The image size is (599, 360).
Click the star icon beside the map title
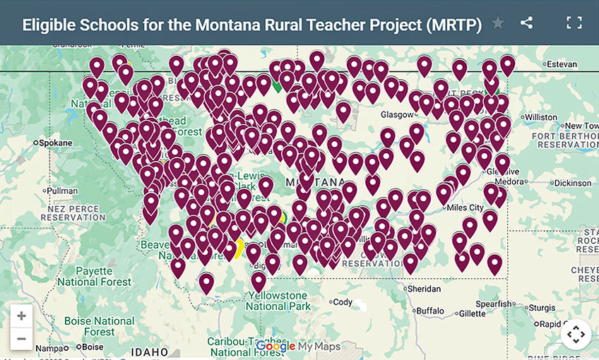[498, 23]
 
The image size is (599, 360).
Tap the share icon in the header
[526, 23]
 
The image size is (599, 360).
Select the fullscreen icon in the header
[574, 23]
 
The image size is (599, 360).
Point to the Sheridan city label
[424, 289]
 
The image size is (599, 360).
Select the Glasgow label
[396, 114]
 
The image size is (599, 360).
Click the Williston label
[541, 116]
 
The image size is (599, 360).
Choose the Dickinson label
[572, 183]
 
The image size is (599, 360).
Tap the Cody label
[343, 302]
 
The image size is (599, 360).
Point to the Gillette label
[473, 313]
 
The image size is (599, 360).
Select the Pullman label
[62, 191]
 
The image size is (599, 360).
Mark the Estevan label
[562, 64]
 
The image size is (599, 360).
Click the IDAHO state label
[149, 352]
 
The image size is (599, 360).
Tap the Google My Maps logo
[297, 346]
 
